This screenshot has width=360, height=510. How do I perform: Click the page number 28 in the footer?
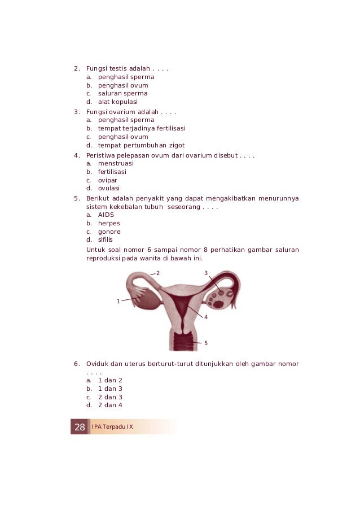(x=80, y=426)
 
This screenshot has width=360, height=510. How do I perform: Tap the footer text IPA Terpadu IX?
(x=112, y=426)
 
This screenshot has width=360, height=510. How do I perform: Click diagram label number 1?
(x=118, y=301)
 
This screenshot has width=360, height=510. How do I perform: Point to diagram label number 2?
(x=158, y=273)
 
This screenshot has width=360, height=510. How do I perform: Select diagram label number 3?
(x=206, y=273)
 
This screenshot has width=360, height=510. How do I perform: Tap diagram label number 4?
(x=206, y=317)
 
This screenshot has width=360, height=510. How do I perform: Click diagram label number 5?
(x=206, y=343)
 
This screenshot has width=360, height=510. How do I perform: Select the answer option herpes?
(x=109, y=223)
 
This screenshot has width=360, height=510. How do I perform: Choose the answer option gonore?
(x=109, y=232)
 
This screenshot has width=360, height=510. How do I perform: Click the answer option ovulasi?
(x=109, y=188)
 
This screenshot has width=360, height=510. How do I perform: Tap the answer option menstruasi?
(x=116, y=163)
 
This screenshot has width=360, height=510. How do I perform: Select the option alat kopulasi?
(x=117, y=102)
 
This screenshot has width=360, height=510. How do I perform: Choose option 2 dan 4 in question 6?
(x=110, y=405)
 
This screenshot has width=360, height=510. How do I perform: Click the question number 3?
(x=76, y=112)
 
